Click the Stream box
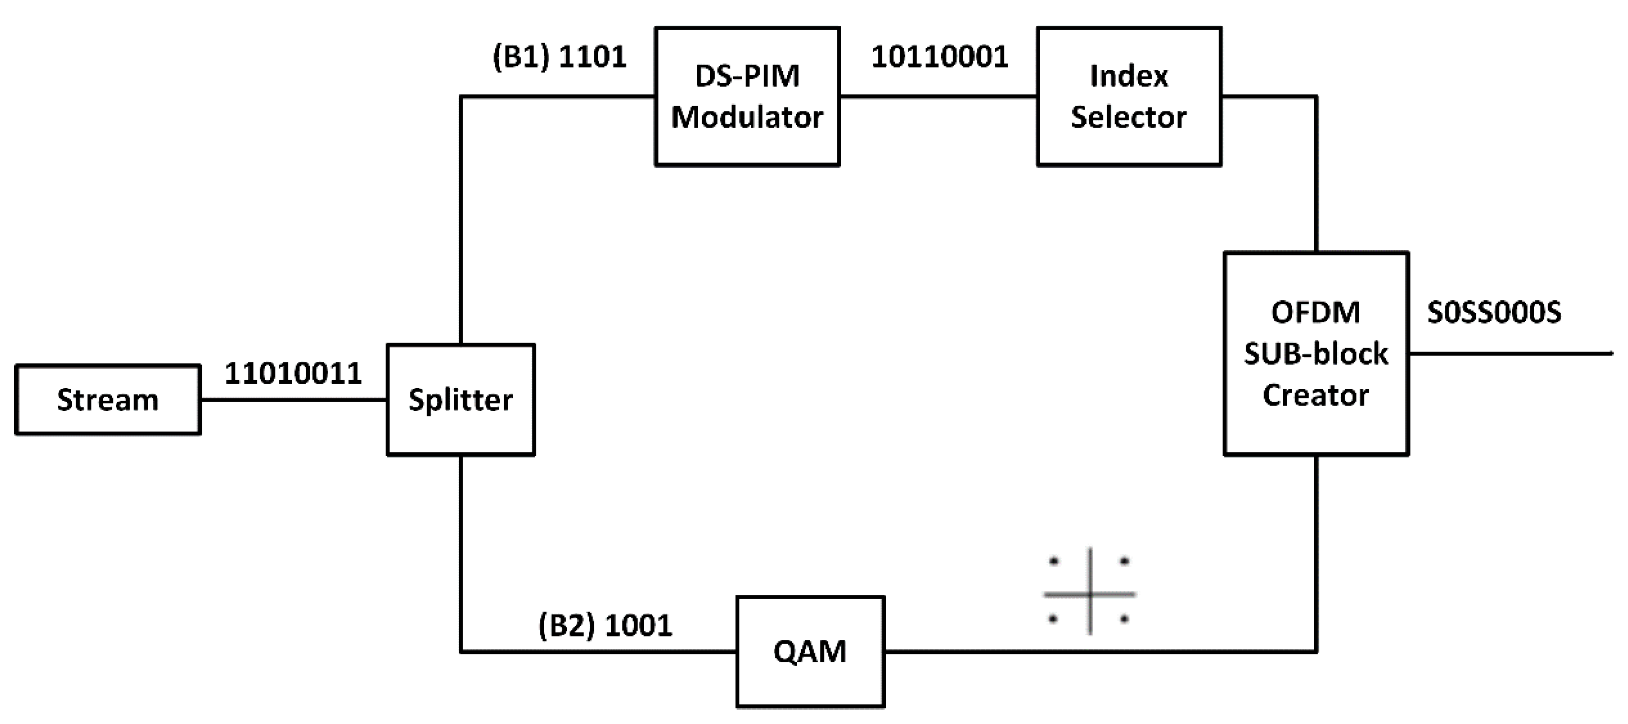pos(108,399)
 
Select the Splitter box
pos(461,399)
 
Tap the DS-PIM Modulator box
pos(747,96)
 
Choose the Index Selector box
pos(1129,96)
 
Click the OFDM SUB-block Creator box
pos(1317,354)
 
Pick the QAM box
pos(810,651)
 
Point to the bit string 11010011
pos(293,373)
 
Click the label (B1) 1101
pos(559,57)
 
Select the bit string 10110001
pos(940,57)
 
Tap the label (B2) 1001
pos(605,625)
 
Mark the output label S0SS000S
pos(1494,312)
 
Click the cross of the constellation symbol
pos(1090,593)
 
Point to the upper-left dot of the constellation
pos(1054,560)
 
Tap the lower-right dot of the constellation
pos(1124,620)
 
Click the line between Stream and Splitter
pos(293,399)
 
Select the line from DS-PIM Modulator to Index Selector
pos(938,97)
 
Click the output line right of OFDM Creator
pos(1510,353)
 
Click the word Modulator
pos(747,118)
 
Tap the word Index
pos(1129,76)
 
